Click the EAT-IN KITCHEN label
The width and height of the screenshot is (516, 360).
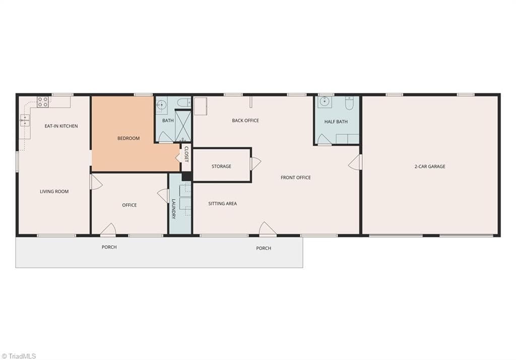[x=61, y=126]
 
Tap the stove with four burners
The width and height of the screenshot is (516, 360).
[x=43, y=102]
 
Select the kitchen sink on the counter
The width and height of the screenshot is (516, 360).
[x=25, y=120]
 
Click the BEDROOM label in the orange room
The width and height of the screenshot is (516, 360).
[x=128, y=138]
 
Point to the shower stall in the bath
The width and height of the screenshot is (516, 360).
[x=183, y=126]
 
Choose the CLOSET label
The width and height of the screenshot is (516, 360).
[x=186, y=154]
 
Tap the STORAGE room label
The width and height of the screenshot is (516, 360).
[x=222, y=166]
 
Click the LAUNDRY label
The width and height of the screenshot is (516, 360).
[x=173, y=209]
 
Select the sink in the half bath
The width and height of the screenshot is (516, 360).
[x=325, y=102]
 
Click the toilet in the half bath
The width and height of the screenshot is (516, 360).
[x=350, y=103]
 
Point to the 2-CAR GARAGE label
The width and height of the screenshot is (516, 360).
[x=430, y=167]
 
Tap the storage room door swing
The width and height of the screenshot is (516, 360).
[x=255, y=163]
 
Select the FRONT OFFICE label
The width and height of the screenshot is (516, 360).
[x=295, y=177]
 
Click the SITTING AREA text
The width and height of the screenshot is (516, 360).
[x=222, y=204]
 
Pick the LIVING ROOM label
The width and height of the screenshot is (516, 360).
[x=54, y=192]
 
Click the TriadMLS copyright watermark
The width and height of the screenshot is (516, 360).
[x=19, y=356]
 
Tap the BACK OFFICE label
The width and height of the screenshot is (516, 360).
[x=245, y=121]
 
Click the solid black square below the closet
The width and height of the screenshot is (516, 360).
[x=186, y=176]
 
